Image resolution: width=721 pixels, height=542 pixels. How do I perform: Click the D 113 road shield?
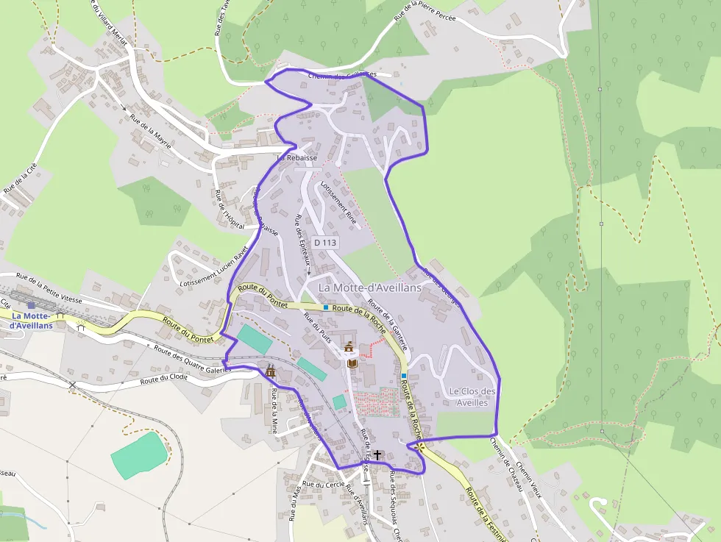[x=324, y=242]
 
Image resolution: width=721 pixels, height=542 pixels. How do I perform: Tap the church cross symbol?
[x=377, y=455]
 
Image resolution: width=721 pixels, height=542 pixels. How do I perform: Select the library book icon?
[x=352, y=363]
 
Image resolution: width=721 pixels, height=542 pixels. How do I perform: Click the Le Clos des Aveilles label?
[x=472, y=397]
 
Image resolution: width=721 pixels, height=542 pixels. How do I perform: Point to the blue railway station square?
[x=31, y=304]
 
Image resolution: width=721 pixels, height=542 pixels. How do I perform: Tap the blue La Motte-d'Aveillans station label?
[x=32, y=320]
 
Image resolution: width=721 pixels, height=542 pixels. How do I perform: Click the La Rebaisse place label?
[x=297, y=157]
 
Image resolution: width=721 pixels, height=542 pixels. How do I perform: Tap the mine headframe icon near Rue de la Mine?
[x=271, y=371]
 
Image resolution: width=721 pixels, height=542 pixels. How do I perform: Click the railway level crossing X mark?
[x=72, y=384]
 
